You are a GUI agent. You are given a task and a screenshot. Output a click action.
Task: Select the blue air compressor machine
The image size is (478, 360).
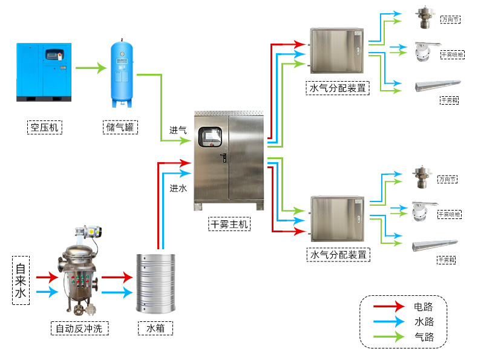click(x=44, y=71)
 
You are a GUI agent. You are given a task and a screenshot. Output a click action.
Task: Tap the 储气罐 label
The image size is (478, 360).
click(x=121, y=127)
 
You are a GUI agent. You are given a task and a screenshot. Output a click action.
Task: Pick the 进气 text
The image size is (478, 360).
click(x=178, y=130)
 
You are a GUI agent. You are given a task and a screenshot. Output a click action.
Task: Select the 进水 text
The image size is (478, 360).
click(x=178, y=188)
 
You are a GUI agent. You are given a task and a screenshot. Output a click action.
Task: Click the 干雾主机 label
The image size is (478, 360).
click(x=229, y=224)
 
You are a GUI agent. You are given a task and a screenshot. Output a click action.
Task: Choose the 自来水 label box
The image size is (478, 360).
click(x=21, y=280)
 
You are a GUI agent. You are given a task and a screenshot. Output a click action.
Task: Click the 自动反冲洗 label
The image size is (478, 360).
click(x=79, y=329)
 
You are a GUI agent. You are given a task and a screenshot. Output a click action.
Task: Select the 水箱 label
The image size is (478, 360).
click(x=156, y=329)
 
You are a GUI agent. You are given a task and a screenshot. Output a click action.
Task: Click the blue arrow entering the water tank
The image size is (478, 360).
click(x=117, y=293)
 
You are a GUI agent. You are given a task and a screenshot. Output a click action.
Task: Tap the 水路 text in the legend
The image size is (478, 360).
click(x=424, y=322)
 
